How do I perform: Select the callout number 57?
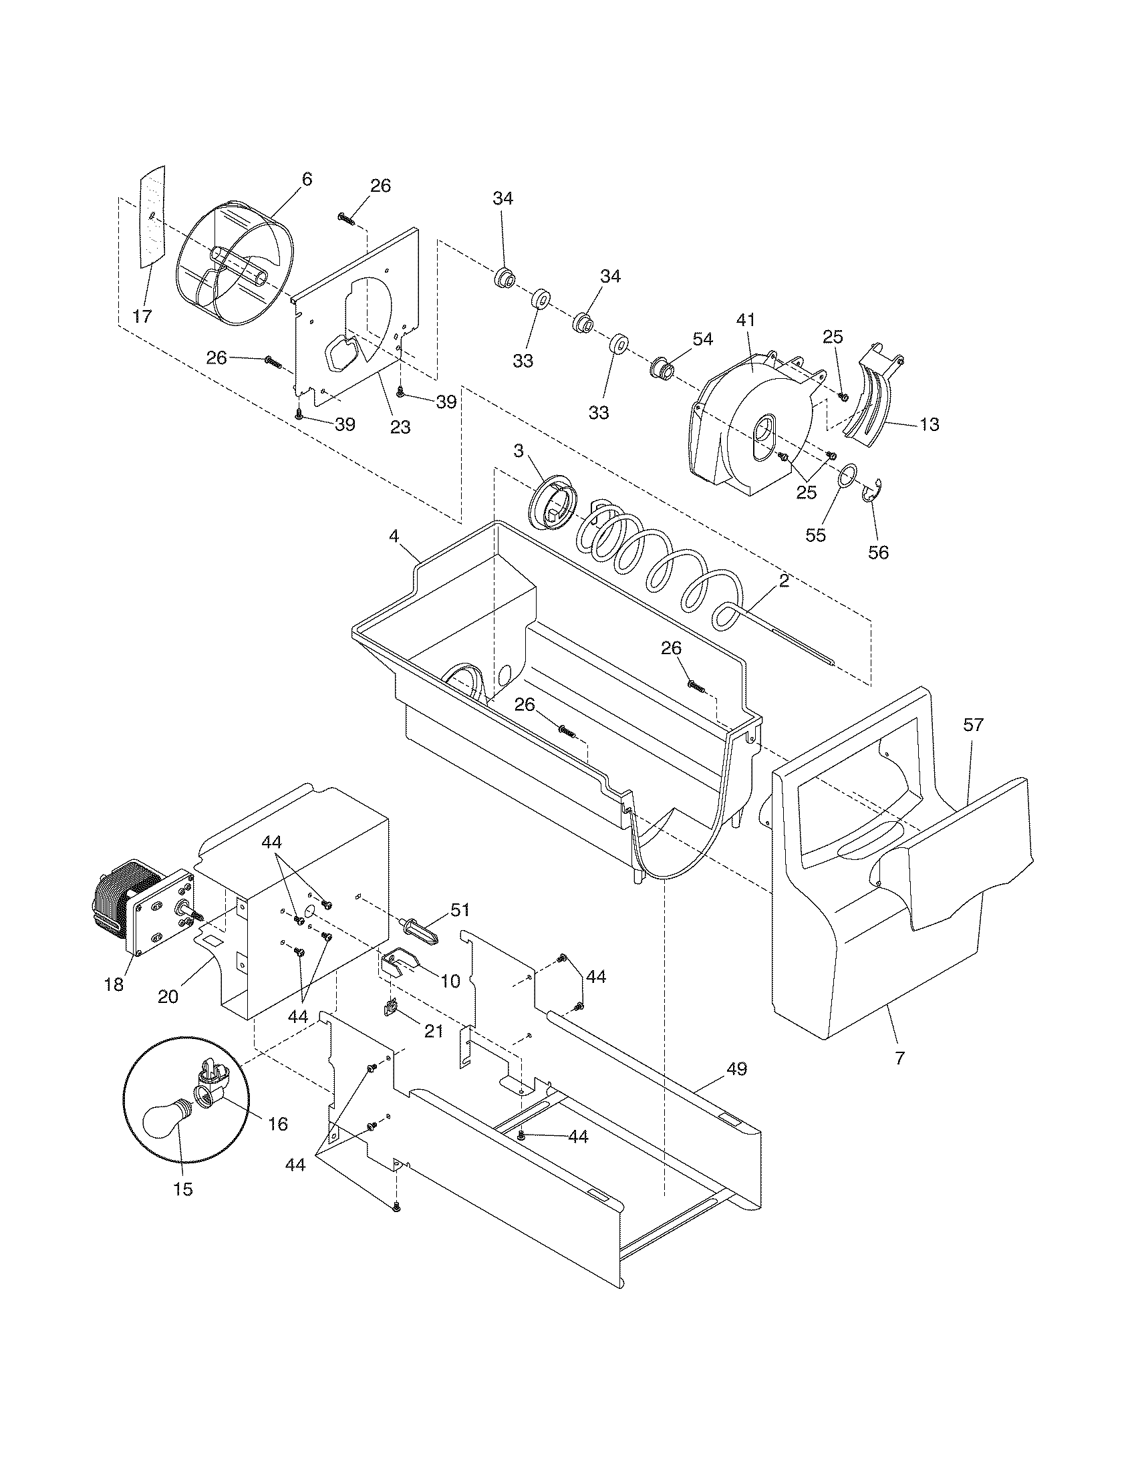click(973, 725)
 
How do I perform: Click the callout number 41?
click(746, 321)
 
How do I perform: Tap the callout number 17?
click(142, 316)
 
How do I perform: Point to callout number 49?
click(737, 1070)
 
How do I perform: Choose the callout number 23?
click(400, 427)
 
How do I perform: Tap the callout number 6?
click(307, 179)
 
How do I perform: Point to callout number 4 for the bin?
click(394, 537)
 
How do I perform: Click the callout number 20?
click(168, 996)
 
